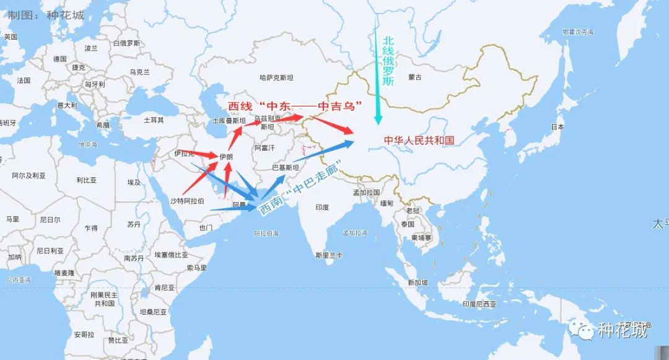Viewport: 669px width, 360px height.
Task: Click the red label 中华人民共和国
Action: [x=419, y=141]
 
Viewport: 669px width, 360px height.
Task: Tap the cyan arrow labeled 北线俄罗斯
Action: [x=376, y=68]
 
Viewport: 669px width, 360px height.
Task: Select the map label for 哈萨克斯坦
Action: [x=276, y=77]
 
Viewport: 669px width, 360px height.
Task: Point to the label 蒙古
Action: [x=415, y=77]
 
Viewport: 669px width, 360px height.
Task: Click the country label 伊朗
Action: [x=226, y=157]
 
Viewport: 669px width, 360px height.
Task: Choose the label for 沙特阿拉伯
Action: [x=187, y=201]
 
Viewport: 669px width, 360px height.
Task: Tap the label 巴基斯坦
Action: [x=286, y=167]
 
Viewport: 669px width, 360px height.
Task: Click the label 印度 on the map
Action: [x=322, y=207]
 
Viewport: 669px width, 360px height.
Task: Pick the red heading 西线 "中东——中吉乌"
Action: [x=295, y=106]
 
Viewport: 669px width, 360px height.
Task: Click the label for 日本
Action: [x=557, y=126]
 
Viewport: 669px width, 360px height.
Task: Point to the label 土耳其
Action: [x=154, y=120]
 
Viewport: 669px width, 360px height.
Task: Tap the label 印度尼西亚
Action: [x=479, y=304]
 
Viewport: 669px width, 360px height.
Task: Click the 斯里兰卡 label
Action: [x=328, y=255]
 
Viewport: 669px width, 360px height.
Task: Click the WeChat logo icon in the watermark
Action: [x=582, y=330]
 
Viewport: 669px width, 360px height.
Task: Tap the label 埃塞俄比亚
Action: [x=171, y=255]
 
